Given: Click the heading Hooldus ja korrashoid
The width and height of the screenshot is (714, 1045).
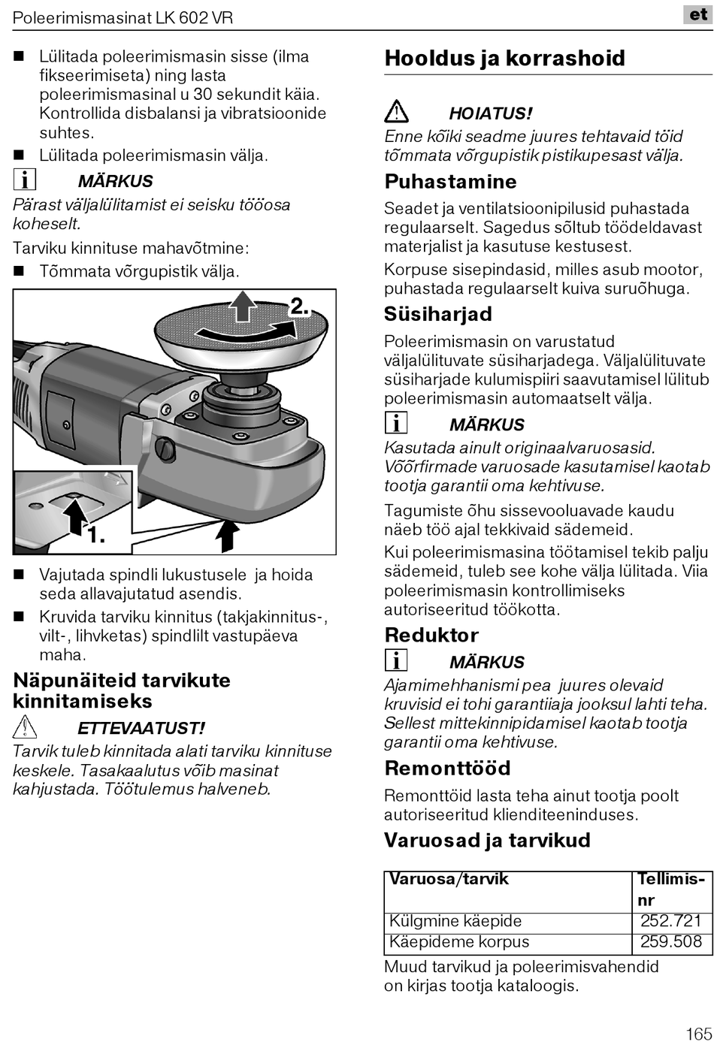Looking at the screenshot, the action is click(x=504, y=59).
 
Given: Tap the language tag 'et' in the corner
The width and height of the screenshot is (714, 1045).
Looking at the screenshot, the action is click(x=697, y=14).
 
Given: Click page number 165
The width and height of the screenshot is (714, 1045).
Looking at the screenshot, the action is click(x=698, y=1033).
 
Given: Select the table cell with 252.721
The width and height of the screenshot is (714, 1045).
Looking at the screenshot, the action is click(x=670, y=921).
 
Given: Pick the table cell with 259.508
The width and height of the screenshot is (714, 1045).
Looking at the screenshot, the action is click(x=670, y=942).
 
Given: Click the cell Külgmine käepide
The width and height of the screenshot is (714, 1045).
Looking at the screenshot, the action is click(x=455, y=921).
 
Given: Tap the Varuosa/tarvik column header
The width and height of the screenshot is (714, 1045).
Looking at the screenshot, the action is click(x=449, y=879).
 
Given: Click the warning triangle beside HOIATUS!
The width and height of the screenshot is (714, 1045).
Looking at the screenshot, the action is click(x=396, y=113).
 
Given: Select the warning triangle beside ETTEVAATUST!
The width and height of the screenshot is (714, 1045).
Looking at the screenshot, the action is click(x=25, y=727).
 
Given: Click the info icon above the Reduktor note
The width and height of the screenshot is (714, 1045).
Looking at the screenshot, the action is click(x=395, y=661).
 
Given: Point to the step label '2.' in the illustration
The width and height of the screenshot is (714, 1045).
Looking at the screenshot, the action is click(x=299, y=307).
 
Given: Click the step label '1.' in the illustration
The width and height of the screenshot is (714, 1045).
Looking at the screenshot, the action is click(x=95, y=536).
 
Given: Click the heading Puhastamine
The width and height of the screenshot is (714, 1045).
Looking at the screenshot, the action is click(x=450, y=182).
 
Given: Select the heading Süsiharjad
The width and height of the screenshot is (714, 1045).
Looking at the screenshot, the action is click(x=437, y=314).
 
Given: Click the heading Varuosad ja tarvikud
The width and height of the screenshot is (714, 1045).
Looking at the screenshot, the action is click(x=487, y=840).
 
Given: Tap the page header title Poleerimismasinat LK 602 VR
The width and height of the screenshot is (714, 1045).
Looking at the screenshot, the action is click(x=123, y=17).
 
